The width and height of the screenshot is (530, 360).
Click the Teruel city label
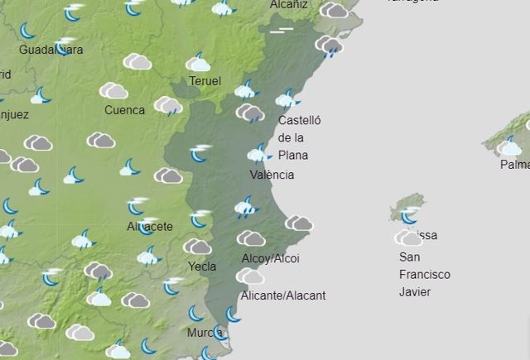205,81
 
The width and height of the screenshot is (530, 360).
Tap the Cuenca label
124,110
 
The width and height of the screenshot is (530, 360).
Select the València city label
272,175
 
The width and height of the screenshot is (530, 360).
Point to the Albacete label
150,226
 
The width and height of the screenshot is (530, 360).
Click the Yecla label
202,266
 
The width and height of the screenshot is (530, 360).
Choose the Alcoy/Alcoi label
270,259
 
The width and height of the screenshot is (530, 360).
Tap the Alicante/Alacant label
282,295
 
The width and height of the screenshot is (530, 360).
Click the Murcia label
204,333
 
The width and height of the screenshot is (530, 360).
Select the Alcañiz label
289,4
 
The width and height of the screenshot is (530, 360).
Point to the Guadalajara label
51,50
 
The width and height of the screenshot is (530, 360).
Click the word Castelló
299,120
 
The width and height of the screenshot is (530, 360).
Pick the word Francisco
424,274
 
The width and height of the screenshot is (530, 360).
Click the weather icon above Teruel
198,63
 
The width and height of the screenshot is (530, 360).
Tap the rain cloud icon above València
259,153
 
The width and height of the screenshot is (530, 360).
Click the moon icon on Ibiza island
408,217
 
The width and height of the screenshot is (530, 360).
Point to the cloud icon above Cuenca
113,90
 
